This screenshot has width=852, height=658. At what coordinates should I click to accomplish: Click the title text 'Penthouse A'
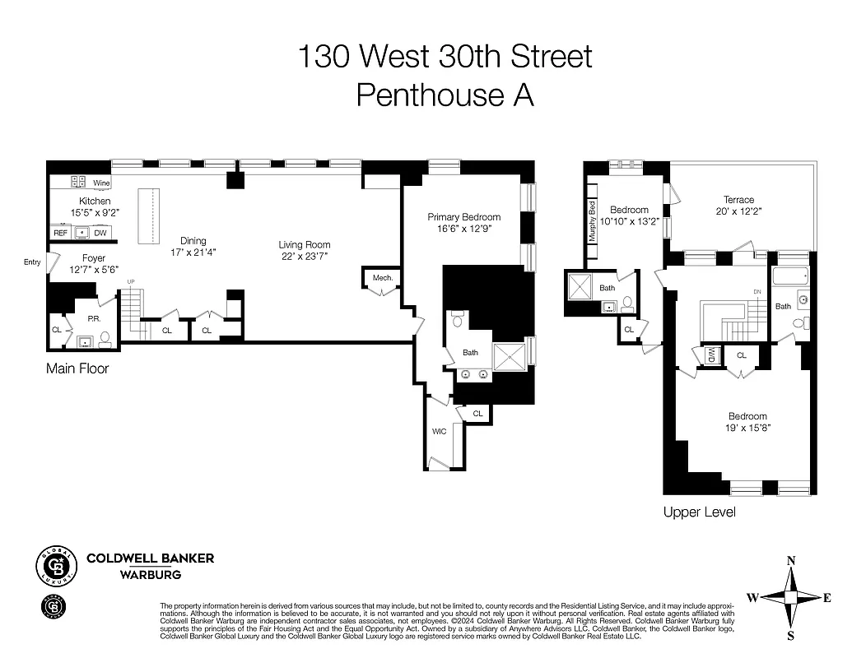click(x=445, y=95)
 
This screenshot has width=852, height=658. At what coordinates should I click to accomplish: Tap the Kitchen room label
click(x=95, y=202)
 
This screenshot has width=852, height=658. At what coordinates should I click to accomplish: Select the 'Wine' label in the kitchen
click(x=101, y=183)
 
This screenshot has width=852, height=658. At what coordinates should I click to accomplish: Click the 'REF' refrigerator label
click(x=60, y=234)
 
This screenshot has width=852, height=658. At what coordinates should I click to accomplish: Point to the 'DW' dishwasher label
click(x=100, y=234)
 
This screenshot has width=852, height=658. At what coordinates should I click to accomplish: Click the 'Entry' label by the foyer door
click(x=32, y=262)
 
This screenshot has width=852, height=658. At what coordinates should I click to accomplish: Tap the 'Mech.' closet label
click(x=383, y=278)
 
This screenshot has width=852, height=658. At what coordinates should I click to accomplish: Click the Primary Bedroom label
click(x=463, y=217)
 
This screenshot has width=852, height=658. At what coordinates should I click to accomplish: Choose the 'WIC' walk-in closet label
click(x=440, y=431)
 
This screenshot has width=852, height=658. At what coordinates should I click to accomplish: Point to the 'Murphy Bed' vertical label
click(x=591, y=222)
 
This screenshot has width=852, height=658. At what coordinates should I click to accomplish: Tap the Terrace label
click(x=738, y=200)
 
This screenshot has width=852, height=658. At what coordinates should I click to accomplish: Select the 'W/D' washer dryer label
click(x=710, y=356)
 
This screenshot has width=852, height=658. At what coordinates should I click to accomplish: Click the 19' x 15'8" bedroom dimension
click(x=747, y=428)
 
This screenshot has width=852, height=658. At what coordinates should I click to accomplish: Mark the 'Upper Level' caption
click(x=699, y=512)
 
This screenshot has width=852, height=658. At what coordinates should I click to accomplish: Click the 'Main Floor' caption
click(x=77, y=369)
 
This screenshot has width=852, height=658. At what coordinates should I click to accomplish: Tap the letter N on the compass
click(x=791, y=561)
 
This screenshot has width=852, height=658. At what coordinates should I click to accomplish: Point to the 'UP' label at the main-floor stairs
click(x=130, y=282)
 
